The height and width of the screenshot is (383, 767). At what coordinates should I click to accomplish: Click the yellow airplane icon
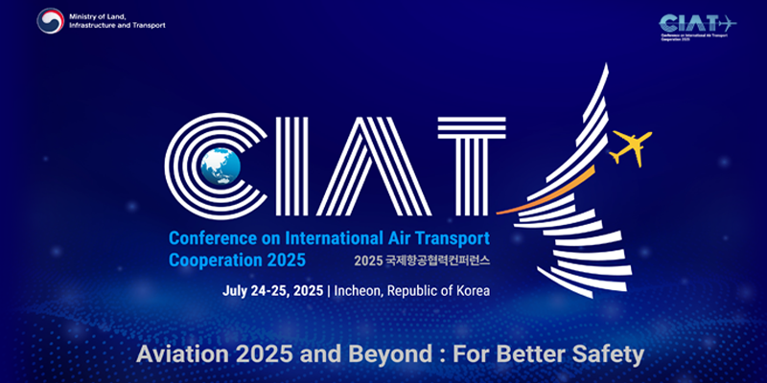click(630, 146)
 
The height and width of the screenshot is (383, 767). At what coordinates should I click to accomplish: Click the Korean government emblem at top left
click(51, 20)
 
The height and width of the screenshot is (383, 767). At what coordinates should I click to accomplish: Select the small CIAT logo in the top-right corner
click(697, 23)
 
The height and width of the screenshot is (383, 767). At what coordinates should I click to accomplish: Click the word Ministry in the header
click(89, 13)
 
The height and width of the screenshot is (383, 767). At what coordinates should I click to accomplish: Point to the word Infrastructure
click(97, 25)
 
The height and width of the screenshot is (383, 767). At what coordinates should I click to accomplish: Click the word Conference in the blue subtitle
click(214, 237)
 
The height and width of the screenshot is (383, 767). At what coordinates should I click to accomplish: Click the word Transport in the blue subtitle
click(451, 237)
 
